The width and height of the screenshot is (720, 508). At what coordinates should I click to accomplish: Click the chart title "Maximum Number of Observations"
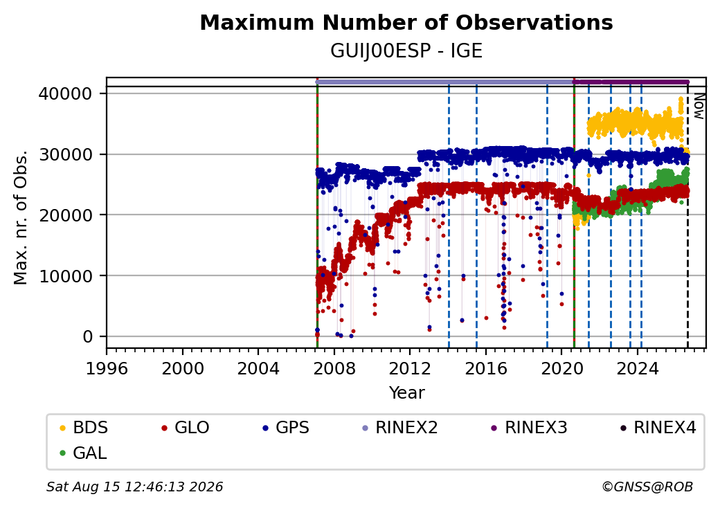tap(406, 22)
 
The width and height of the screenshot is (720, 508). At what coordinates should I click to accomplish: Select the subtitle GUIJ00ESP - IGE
tap(406, 51)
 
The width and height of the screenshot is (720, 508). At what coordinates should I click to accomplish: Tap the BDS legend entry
tap(84, 428)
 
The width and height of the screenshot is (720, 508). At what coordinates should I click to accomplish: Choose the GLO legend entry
tap(186, 428)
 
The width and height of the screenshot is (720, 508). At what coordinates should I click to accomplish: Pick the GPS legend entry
tap(286, 428)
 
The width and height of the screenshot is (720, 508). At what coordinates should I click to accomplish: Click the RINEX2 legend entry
tap(400, 428)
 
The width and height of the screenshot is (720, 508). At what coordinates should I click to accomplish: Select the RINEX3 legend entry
tap(530, 428)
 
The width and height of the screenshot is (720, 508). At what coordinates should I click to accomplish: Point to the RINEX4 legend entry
tap(658, 428)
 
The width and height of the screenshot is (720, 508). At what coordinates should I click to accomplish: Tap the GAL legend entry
tap(83, 453)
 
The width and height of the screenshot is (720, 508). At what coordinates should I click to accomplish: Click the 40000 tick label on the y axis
tap(66, 93)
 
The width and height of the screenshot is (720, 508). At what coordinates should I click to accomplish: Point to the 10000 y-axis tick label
tap(66, 275)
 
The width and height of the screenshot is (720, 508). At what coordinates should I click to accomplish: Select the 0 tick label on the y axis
tap(88, 337)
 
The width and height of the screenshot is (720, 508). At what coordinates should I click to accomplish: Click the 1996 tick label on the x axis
tap(107, 368)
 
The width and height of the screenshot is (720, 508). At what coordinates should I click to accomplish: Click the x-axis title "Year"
tap(407, 393)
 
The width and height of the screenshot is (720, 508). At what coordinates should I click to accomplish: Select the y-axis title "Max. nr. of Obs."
tap(21, 217)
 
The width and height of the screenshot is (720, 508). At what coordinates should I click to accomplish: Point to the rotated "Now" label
tap(699, 106)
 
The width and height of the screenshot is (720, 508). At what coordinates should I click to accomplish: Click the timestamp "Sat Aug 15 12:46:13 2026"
tap(134, 487)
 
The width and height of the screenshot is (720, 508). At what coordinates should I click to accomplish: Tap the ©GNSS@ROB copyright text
tap(647, 487)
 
